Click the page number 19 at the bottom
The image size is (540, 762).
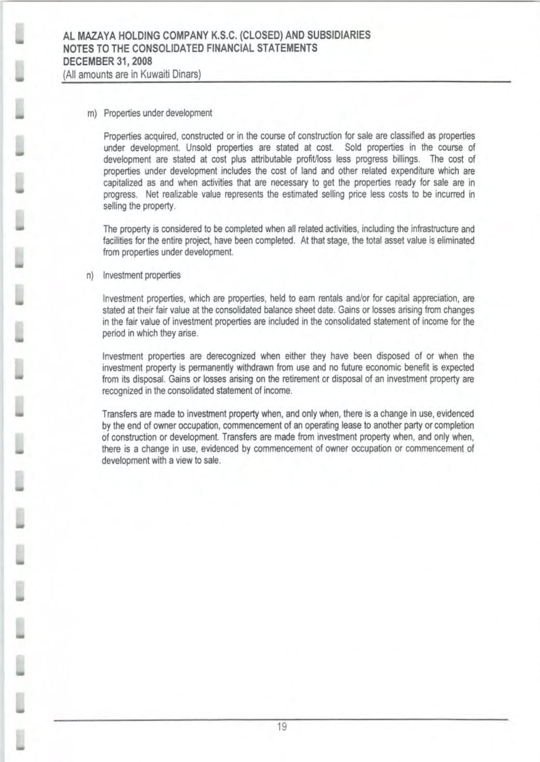tap(282, 727)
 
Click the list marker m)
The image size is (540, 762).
tap(92, 113)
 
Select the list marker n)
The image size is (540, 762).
tap(90, 276)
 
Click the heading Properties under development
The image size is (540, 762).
tap(158, 113)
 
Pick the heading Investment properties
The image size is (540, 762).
tap(141, 276)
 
